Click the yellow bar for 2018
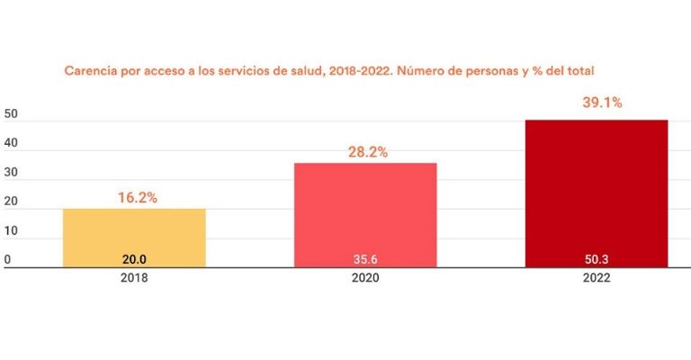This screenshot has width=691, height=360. (x=134, y=237)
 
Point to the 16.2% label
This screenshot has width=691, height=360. (x=138, y=197)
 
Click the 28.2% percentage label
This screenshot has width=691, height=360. (x=368, y=152)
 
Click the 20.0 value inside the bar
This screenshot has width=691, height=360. (x=134, y=258)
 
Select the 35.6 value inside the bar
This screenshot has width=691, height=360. (x=365, y=258)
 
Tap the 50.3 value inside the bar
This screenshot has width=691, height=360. (x=596, y=258)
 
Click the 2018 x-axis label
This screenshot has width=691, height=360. (x=134, y=279)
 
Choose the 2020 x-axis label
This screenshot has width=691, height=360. (x=365, y=279)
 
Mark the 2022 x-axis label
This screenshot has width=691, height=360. (x=596, y=279)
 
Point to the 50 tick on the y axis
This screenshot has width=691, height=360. (x=12, y=114)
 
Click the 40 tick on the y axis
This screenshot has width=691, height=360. (x=12, y=144)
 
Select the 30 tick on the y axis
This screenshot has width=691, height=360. (x=12, y=173)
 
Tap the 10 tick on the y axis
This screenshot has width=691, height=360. (x=12, y=231)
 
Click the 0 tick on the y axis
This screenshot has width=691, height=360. (x=7, y=260)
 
